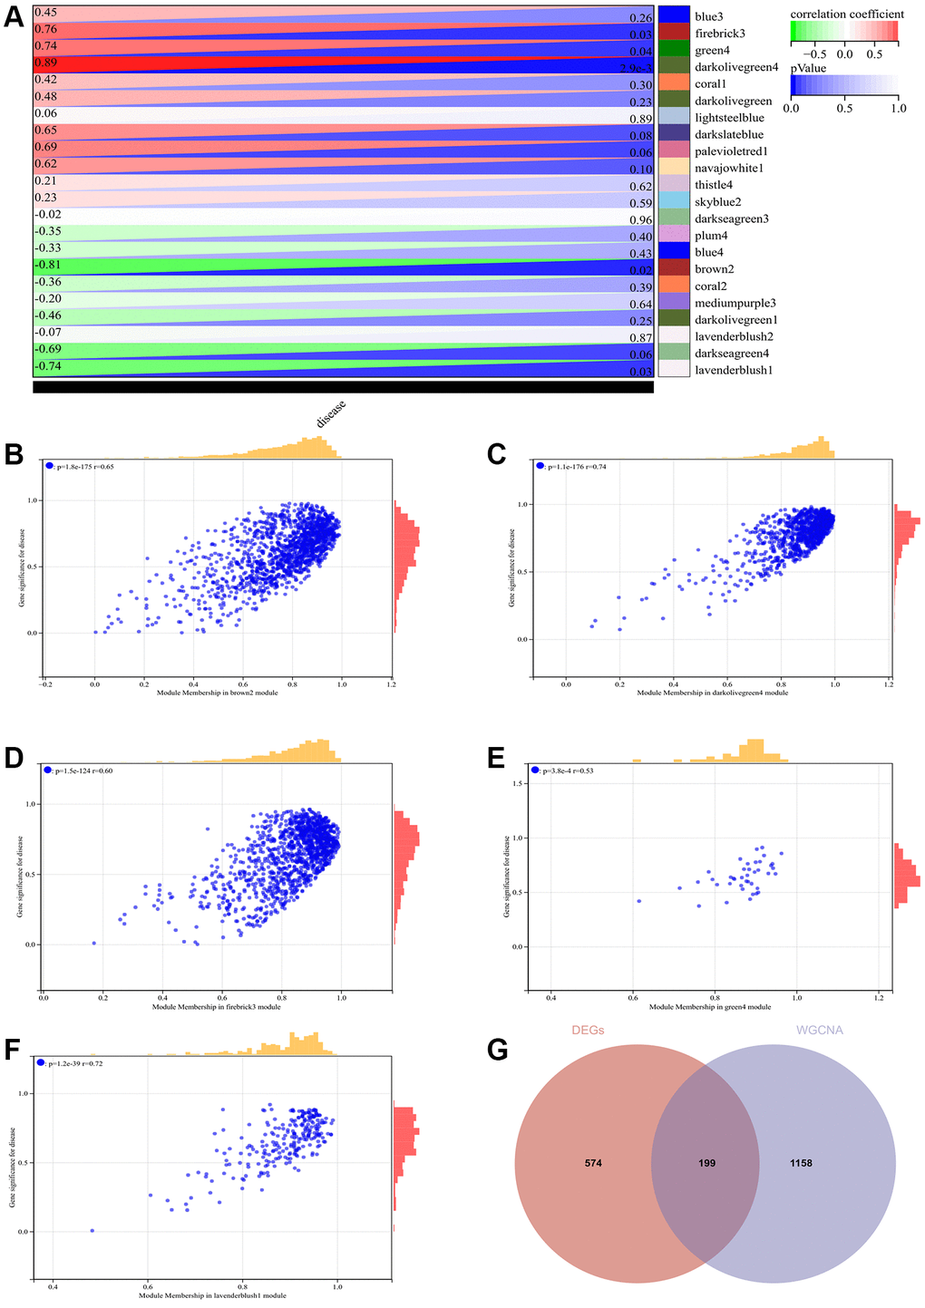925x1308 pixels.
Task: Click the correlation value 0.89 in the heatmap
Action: point(45,63)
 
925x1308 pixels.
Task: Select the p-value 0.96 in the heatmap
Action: point(640,219)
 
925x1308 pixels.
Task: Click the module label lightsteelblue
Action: point(729,118)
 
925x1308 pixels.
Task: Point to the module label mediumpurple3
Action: point(735,303)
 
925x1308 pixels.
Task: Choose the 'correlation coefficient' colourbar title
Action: point(847,15)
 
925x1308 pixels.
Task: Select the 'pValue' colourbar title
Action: point(809,67)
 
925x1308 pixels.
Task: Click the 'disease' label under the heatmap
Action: point(331,413)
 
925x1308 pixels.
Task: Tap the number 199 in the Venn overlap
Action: point(706,1163)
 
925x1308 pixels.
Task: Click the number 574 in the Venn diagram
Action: point(593,1163)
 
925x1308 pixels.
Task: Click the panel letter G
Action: point(498,1051)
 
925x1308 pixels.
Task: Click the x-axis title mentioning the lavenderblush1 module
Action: point(212,1295)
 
